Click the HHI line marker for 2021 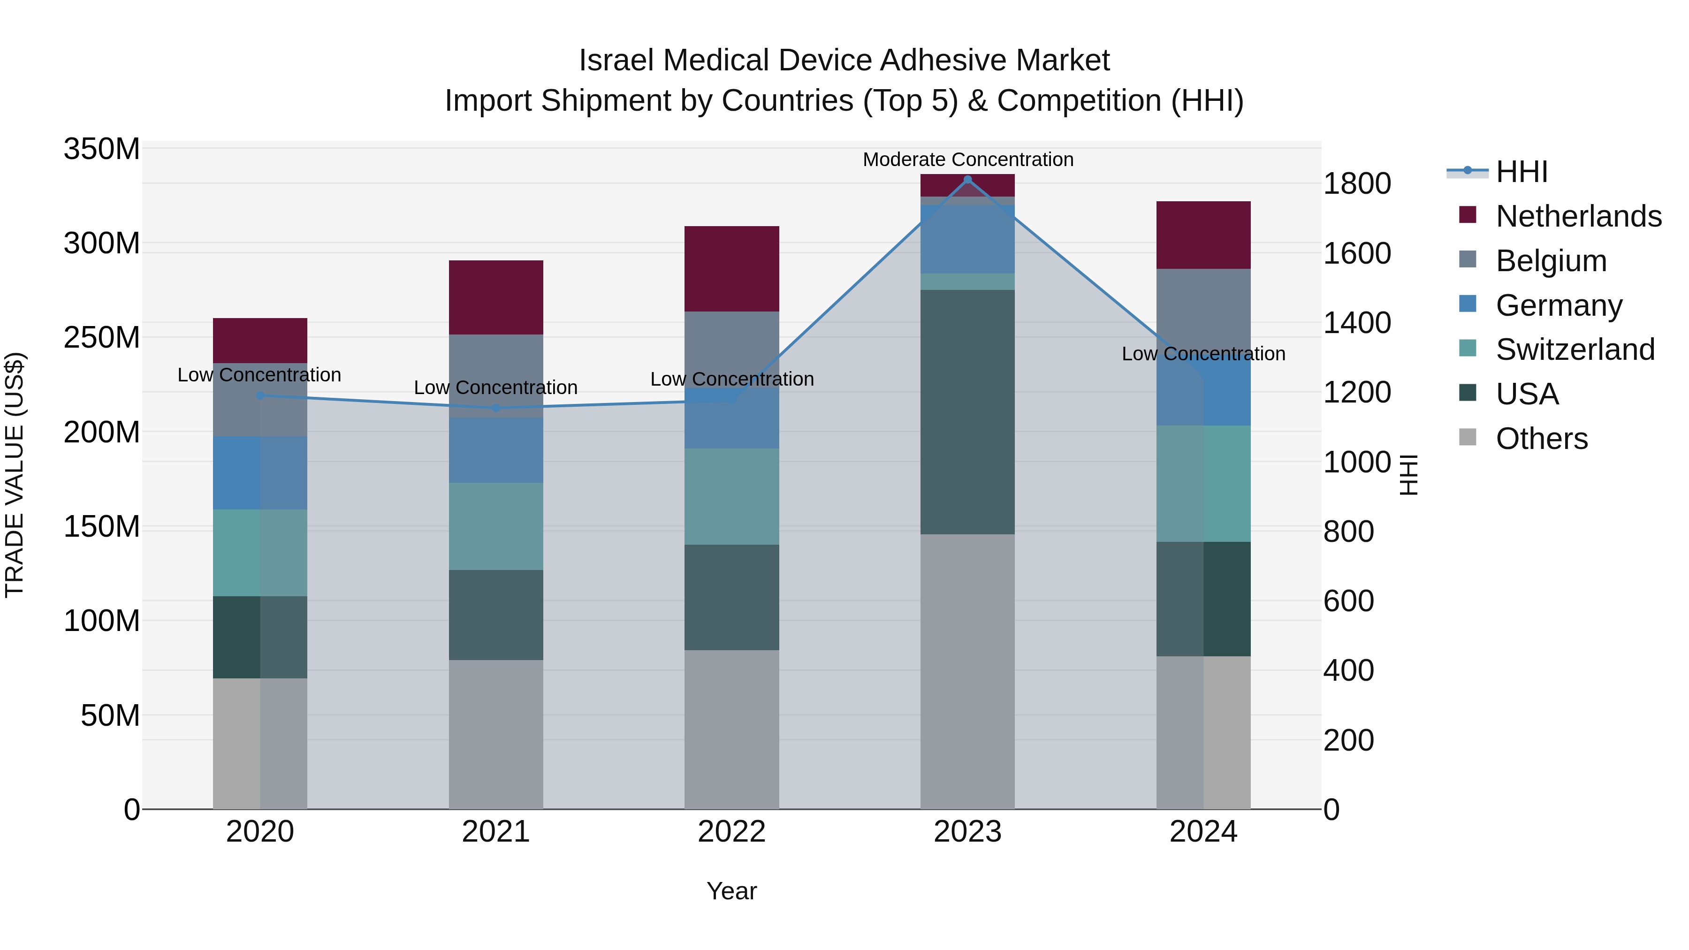(496, 408)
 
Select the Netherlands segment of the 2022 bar (732, 269)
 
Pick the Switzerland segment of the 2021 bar (496, 526)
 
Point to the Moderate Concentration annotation (968, 160)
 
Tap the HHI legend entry (1521, 172)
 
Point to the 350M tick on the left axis (102, 150)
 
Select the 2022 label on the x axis (732, 832)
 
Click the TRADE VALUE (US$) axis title (15, 475)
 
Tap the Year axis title (732, 891)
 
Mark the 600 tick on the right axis (1348, 601)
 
